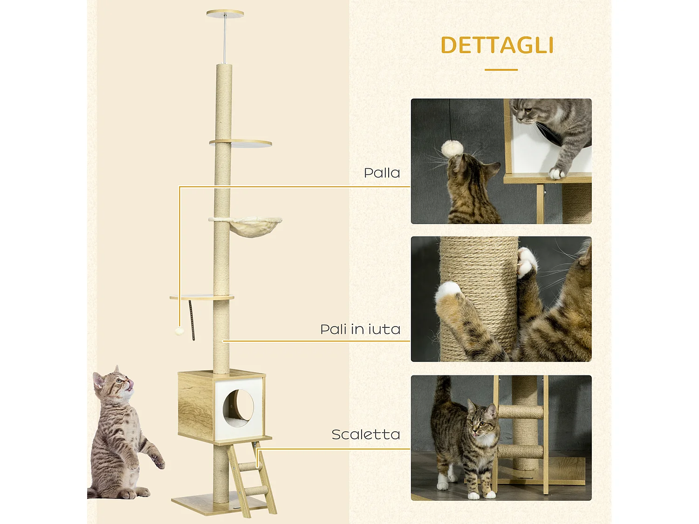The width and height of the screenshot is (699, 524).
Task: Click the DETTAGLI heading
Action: tap(497, 46)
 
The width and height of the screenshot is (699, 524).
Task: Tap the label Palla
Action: tap(382, 173)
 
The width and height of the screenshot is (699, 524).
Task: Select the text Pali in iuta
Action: tap(360, 329)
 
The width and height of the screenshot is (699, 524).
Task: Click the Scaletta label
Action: tap(366, 435)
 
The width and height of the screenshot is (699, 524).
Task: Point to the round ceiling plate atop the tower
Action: tap(225, 14)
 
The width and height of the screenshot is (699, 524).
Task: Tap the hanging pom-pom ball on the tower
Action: tap(179, 331)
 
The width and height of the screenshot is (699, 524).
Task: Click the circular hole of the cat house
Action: tap(238, 407)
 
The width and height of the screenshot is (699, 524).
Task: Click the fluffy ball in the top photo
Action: tap(452, 149)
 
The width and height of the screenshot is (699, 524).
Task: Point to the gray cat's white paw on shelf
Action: tap(556, 173)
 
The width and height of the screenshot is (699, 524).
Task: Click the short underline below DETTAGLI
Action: tap(501, 70)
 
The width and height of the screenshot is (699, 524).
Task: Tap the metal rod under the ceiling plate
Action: tap(225, 40)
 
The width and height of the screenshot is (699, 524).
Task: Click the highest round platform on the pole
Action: tap(241, 143)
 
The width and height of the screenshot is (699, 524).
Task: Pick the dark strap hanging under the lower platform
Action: tap(192, 320)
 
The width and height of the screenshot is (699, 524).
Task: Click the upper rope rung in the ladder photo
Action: tap(521, 412)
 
